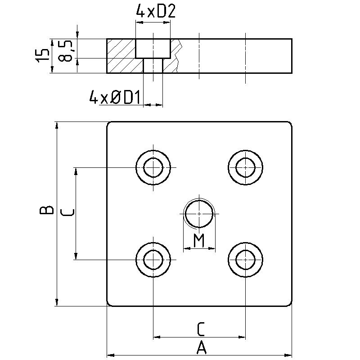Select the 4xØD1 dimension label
[x=115, y=98]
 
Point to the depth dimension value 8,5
[x=65, y=52]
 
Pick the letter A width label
[x=201, y=347]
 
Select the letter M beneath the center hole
[x=199, y=241]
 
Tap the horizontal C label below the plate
[x=201, y=329]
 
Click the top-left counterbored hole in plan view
[x=153, y=167]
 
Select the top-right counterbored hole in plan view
[x=245, y=167]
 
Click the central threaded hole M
[x=199, y=214]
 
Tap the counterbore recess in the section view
[x=153, y=48]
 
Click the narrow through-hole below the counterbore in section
[x=153, y=66]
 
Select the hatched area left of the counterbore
[x=121, y=56]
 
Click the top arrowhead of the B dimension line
[x=57, y=125]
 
